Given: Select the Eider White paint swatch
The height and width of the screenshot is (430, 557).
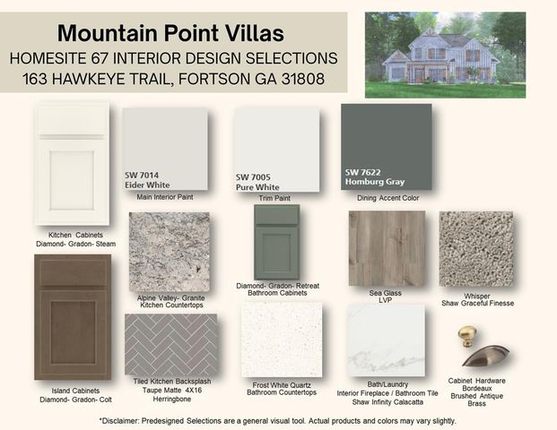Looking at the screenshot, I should click(x=165, y=149).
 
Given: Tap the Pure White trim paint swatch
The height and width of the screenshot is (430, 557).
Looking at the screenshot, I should click(x=276, y=149).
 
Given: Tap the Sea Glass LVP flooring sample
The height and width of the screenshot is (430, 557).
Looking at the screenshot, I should click(x=386, y=248).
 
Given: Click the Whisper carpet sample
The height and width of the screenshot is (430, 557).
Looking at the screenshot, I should click(x=476, y=248).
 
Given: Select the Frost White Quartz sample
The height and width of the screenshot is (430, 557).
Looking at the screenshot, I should click(x=281, y=340).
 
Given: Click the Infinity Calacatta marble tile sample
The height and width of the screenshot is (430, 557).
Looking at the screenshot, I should click(x=386, y=340).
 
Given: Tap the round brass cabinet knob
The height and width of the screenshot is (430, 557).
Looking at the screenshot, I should click(x=466, y=336).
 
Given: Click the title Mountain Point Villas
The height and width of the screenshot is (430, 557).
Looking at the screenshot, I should click(x=170, y=34).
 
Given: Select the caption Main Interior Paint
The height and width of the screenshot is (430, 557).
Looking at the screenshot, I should click(x=166, y=197).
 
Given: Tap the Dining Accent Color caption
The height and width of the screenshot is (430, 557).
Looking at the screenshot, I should click(x=386, y=197).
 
